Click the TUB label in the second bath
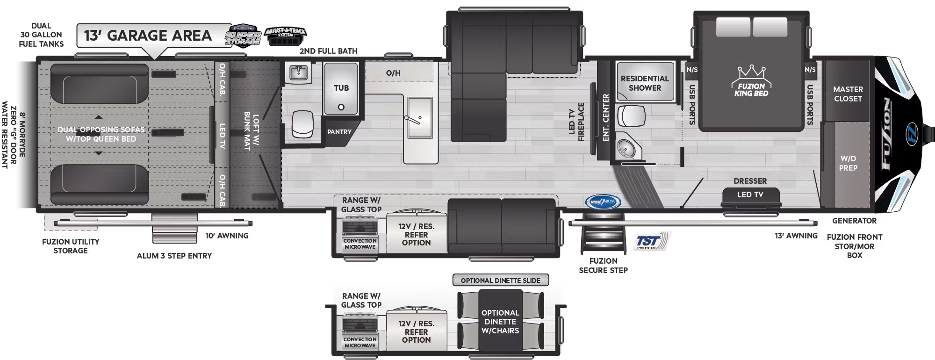click(341, 88)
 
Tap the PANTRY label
click(339, 132)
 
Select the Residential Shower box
click(645, 83)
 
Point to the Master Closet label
click(848, 94)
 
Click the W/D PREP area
click(848, 163)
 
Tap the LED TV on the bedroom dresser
click(750, 195)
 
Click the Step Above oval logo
click(603, 202)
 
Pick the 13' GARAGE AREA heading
click(148, 36)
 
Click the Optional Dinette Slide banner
click(500, 281)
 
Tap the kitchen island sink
click(419, 118)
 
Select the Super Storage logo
click(243, 36)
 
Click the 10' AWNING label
click(227, 236)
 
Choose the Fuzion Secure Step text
click(603, 266)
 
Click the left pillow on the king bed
click(733, 27)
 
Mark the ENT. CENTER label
click(606, 117)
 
